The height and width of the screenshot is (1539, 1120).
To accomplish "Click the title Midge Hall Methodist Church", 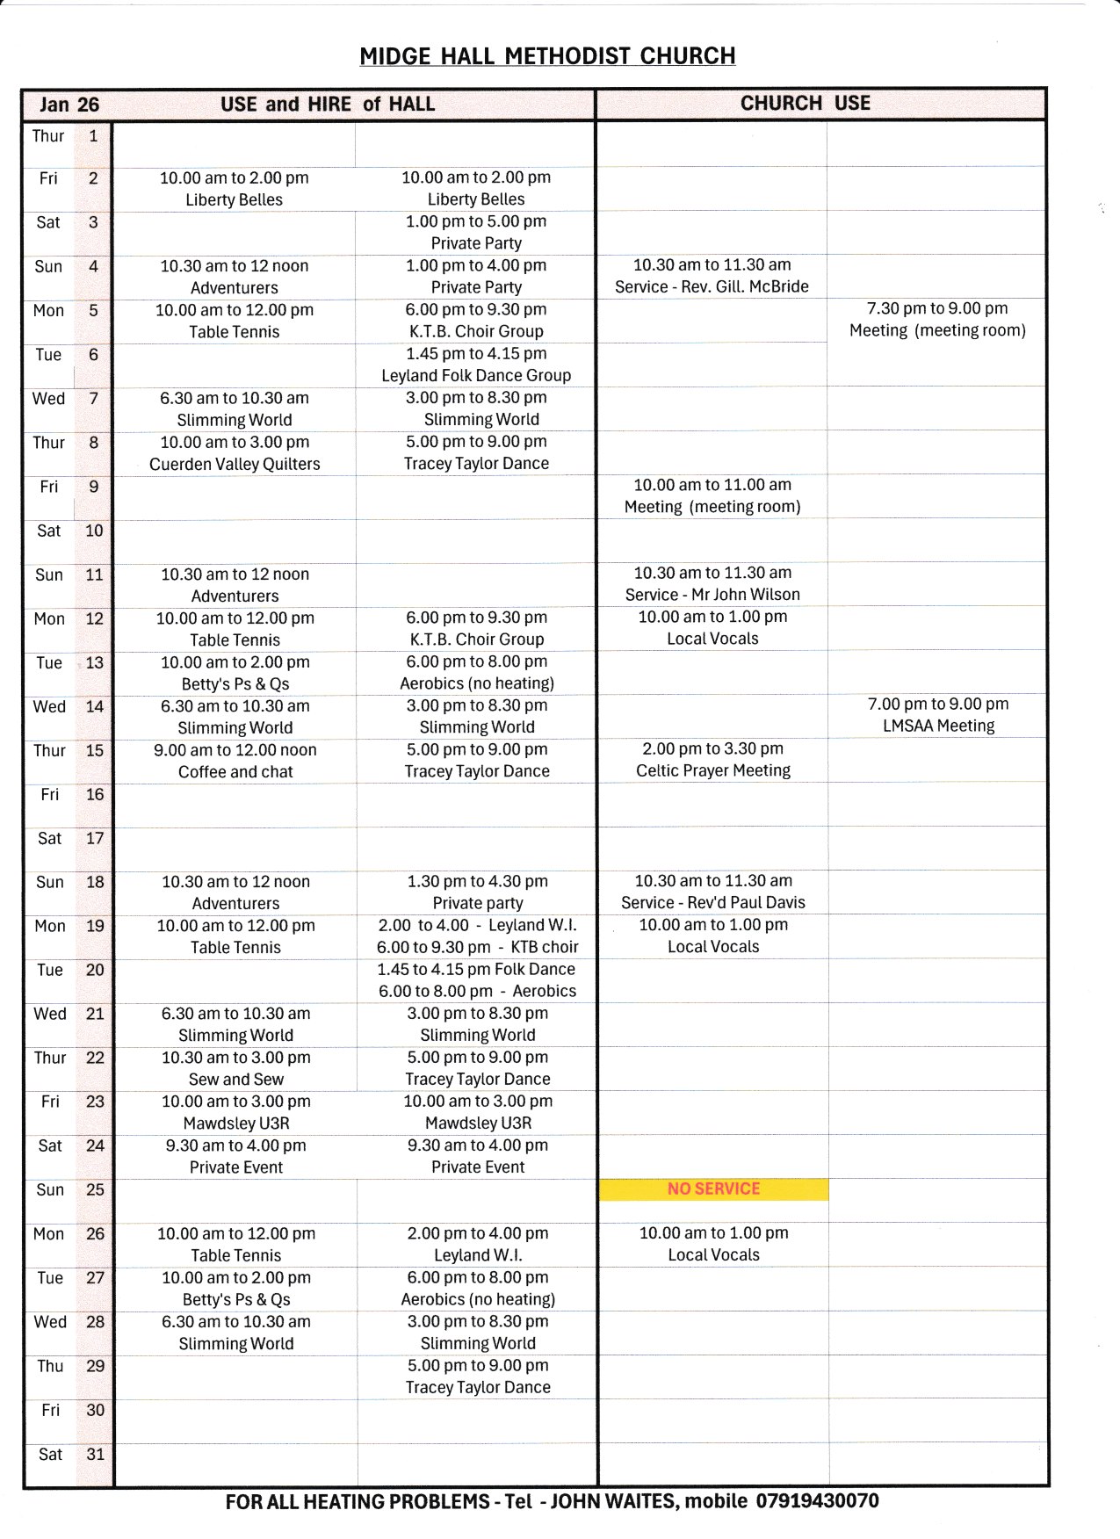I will [547, 56].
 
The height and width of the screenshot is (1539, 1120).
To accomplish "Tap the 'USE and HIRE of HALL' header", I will [328, 105].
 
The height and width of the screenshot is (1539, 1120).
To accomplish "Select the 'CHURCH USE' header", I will [805, 104].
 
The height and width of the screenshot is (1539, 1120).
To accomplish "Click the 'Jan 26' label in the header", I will [69, 105].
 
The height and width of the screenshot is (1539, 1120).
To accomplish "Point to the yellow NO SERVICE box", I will [713, 1189].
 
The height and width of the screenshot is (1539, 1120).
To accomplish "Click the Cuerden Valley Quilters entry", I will [235, 464].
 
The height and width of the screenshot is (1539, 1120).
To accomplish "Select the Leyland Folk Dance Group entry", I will [476, 375].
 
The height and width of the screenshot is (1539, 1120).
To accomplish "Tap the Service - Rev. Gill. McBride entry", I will [712, 286].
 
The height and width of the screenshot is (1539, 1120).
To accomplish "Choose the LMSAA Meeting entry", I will [938, 726].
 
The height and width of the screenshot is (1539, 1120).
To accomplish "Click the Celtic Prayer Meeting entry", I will [713, 770].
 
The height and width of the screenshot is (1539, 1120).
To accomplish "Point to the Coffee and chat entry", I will [235, 771].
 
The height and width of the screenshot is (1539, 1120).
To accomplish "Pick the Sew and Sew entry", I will [236, 1079].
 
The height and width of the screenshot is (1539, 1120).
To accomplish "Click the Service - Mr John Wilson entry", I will [712, 595].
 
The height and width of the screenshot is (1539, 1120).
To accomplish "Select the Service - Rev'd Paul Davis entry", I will [713, 902].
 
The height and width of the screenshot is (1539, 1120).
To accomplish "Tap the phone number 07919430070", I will [818, 1501].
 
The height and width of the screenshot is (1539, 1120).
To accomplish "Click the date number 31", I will [95, 1455].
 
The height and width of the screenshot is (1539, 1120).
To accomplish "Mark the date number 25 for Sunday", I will [95, 1190].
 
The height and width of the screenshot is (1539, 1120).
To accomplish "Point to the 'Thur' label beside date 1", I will [48, 136].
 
